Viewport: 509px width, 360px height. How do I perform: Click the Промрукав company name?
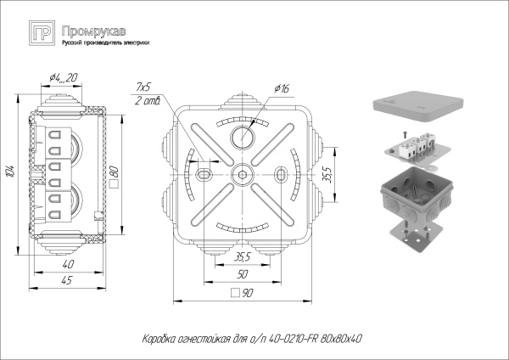pos(91,30)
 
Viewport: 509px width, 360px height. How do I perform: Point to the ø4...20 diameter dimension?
pos(64,78)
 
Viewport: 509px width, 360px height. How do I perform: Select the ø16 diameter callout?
pos(282,88)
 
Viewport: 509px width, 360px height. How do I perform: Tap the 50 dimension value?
pos(243,274)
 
